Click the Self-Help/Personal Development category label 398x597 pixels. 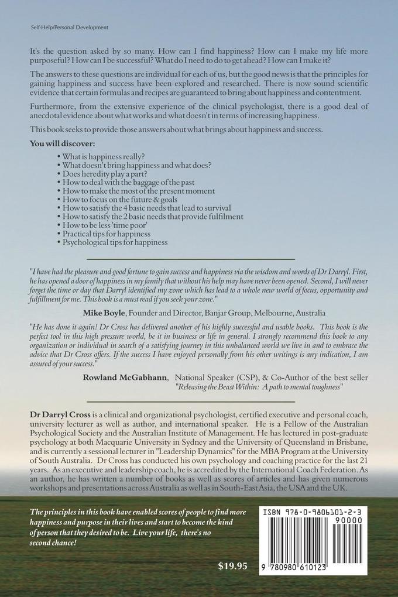(64, 28)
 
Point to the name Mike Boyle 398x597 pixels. (104, 312)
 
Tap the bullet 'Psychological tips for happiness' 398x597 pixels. (113, 242)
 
